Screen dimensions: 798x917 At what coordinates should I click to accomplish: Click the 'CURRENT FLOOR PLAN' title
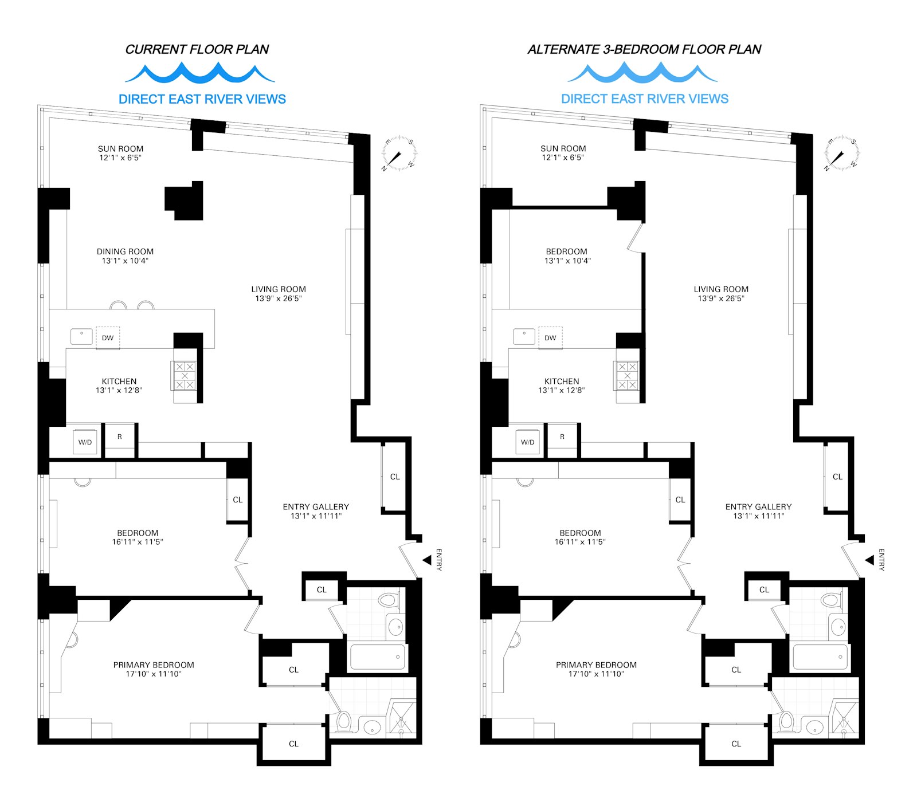coord(197,49)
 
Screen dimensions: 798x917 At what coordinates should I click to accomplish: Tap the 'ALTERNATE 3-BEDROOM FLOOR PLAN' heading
coord(644,49)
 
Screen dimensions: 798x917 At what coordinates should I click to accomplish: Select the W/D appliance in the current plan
coord(85,442)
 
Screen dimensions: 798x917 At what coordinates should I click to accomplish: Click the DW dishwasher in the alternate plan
coord(550,338)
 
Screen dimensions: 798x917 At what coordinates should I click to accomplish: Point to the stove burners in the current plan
coord(185,376)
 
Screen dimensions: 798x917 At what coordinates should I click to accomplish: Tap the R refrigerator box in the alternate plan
coord(562,437)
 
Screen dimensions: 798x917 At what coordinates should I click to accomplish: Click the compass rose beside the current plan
coord(399,154)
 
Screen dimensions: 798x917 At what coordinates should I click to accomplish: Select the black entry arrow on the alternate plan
coord(869,560)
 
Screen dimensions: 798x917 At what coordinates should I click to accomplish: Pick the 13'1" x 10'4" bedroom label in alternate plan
coord(567,255)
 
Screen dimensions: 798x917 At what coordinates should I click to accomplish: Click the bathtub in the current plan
coord(378,657)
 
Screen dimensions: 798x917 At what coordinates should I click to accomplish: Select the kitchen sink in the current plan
coord(81,336)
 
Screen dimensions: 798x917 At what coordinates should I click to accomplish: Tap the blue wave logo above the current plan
coord(199,73)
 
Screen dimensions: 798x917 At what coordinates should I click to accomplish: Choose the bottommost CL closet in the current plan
coord(293,744)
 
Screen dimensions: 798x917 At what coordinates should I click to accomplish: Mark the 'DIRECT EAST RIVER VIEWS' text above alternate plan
coord(645,99)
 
